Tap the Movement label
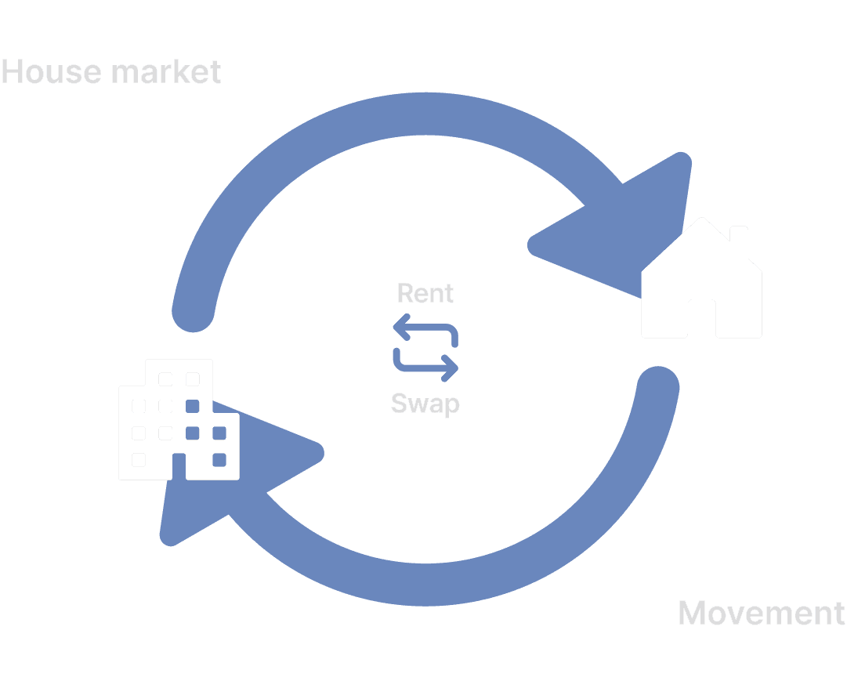762,613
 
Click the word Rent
425,293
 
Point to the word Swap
425,404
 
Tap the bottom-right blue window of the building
219,459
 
